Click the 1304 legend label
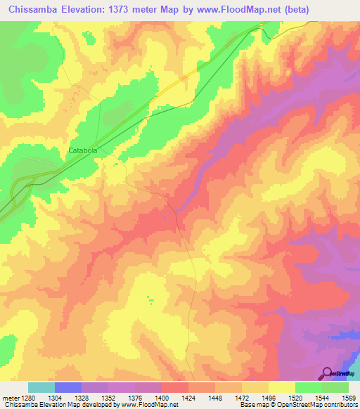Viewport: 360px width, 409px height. [69, 397]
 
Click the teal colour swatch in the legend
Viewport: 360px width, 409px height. [41, 387]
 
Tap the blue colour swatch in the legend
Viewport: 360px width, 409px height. [68, 387]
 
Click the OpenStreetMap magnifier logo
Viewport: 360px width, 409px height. [326, 373]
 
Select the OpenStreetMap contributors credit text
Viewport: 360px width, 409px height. [324, 405]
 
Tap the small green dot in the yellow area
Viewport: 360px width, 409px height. [150, 300]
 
